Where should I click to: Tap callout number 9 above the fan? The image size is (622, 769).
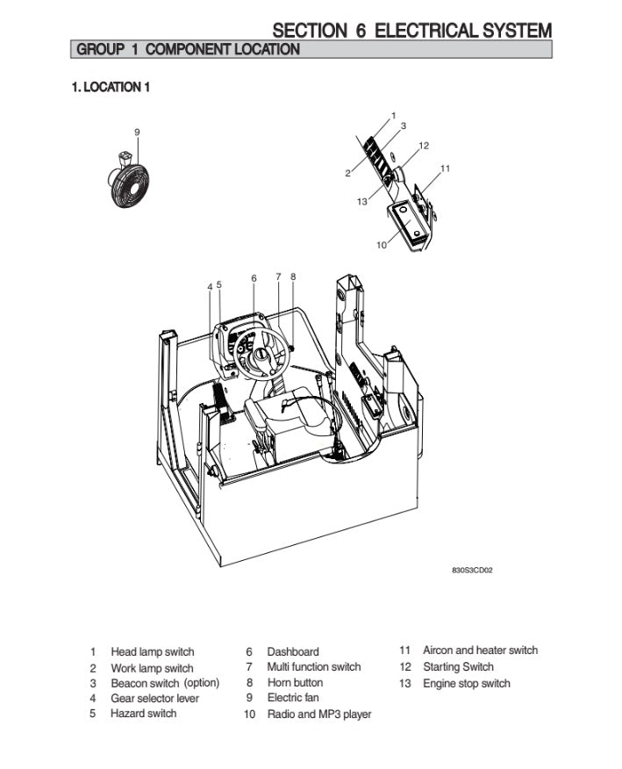pos(137,132)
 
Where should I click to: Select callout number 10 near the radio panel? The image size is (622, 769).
pos(382,245)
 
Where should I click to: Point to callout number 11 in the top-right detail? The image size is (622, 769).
pos(445,168)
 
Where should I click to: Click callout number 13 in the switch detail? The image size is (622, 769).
pos(362,201)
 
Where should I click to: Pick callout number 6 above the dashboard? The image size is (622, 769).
pos(254,278)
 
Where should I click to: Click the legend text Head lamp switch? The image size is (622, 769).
pos(153,652)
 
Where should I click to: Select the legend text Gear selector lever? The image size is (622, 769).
pos(154,699)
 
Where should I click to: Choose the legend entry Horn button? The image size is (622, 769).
pos(295,683)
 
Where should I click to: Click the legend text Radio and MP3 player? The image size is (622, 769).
pos(319,715)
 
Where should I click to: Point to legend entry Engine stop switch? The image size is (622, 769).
pos(466,684)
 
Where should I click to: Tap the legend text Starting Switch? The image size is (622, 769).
pos(458,667)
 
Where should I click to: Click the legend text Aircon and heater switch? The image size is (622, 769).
pos(480,650)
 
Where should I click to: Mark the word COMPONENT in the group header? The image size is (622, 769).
pos(188,49)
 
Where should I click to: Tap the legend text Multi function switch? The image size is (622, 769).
pos(314,667)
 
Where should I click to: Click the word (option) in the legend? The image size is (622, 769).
pos(201,683)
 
